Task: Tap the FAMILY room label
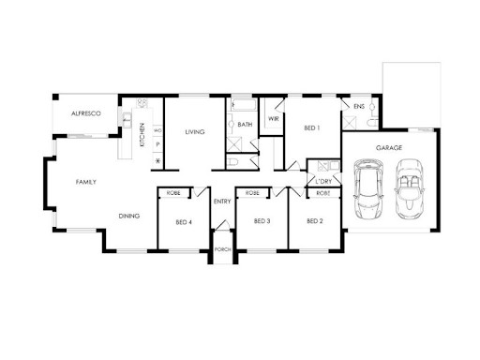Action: [86, 182]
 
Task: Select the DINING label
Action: [129, 216]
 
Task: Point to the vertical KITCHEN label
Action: [142, 135]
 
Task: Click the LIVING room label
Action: [194, 132]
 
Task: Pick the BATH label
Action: [245, 125]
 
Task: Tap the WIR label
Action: [273, 119]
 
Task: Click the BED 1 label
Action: [312, 127]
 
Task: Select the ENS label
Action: [359, 108]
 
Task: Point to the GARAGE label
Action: [389, 148]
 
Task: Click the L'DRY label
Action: [324, 181]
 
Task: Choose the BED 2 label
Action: [314, 221]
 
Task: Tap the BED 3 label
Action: [262, 221]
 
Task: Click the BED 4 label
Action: [184, 222]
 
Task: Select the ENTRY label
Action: [222, 202]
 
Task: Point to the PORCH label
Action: [223, 249]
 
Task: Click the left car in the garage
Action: [369, 188]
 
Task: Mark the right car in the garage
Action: [409, 188]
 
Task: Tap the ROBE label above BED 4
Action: [173, 193]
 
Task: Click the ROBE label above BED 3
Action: [252, 193]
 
